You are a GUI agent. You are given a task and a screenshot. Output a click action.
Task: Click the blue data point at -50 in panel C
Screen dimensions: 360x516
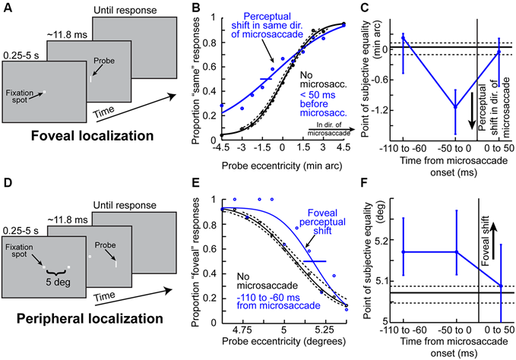tap(455, 106)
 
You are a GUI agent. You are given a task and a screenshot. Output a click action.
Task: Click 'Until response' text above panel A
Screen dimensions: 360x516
tap(123, 10)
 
